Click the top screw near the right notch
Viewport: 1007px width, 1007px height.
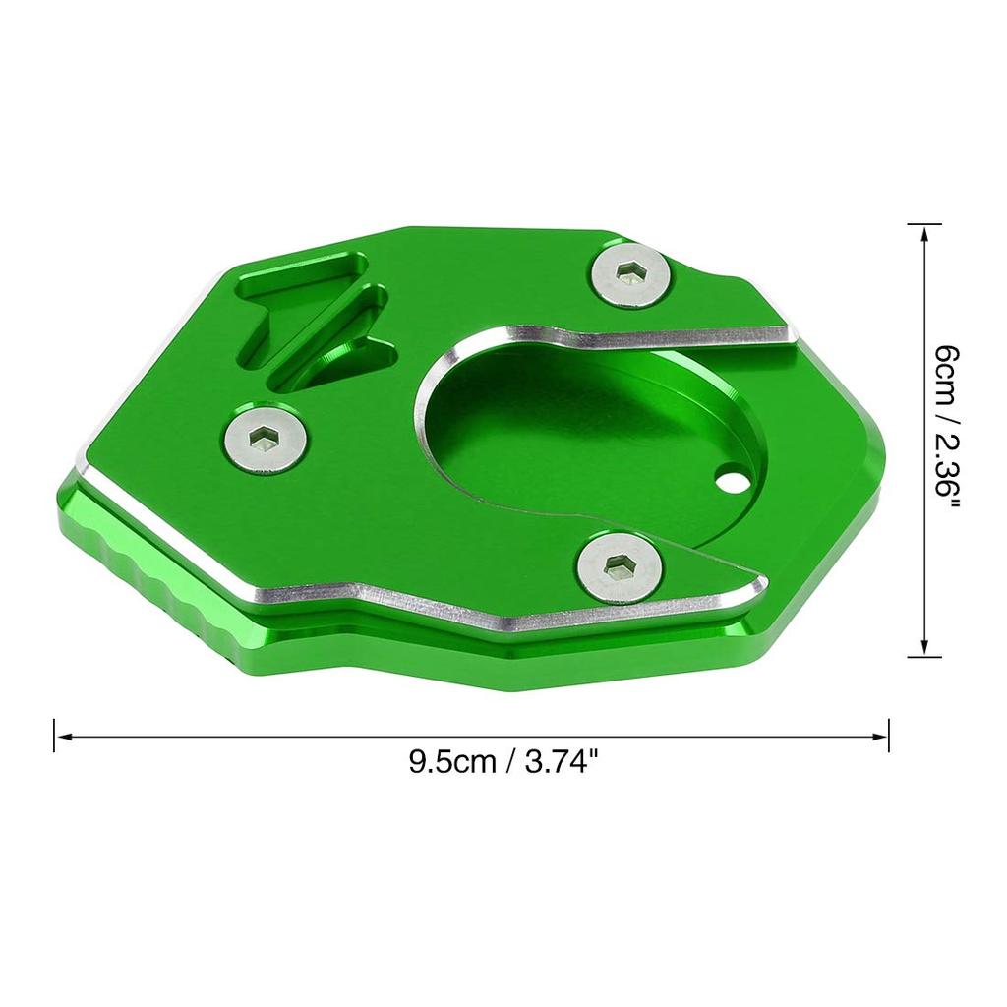click(x=629, y=276)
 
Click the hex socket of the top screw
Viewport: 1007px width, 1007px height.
click(x=628, y=273)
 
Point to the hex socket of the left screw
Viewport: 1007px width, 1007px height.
click(x=264, y=440)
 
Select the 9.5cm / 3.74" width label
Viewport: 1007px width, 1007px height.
click(x=499, y=763)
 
